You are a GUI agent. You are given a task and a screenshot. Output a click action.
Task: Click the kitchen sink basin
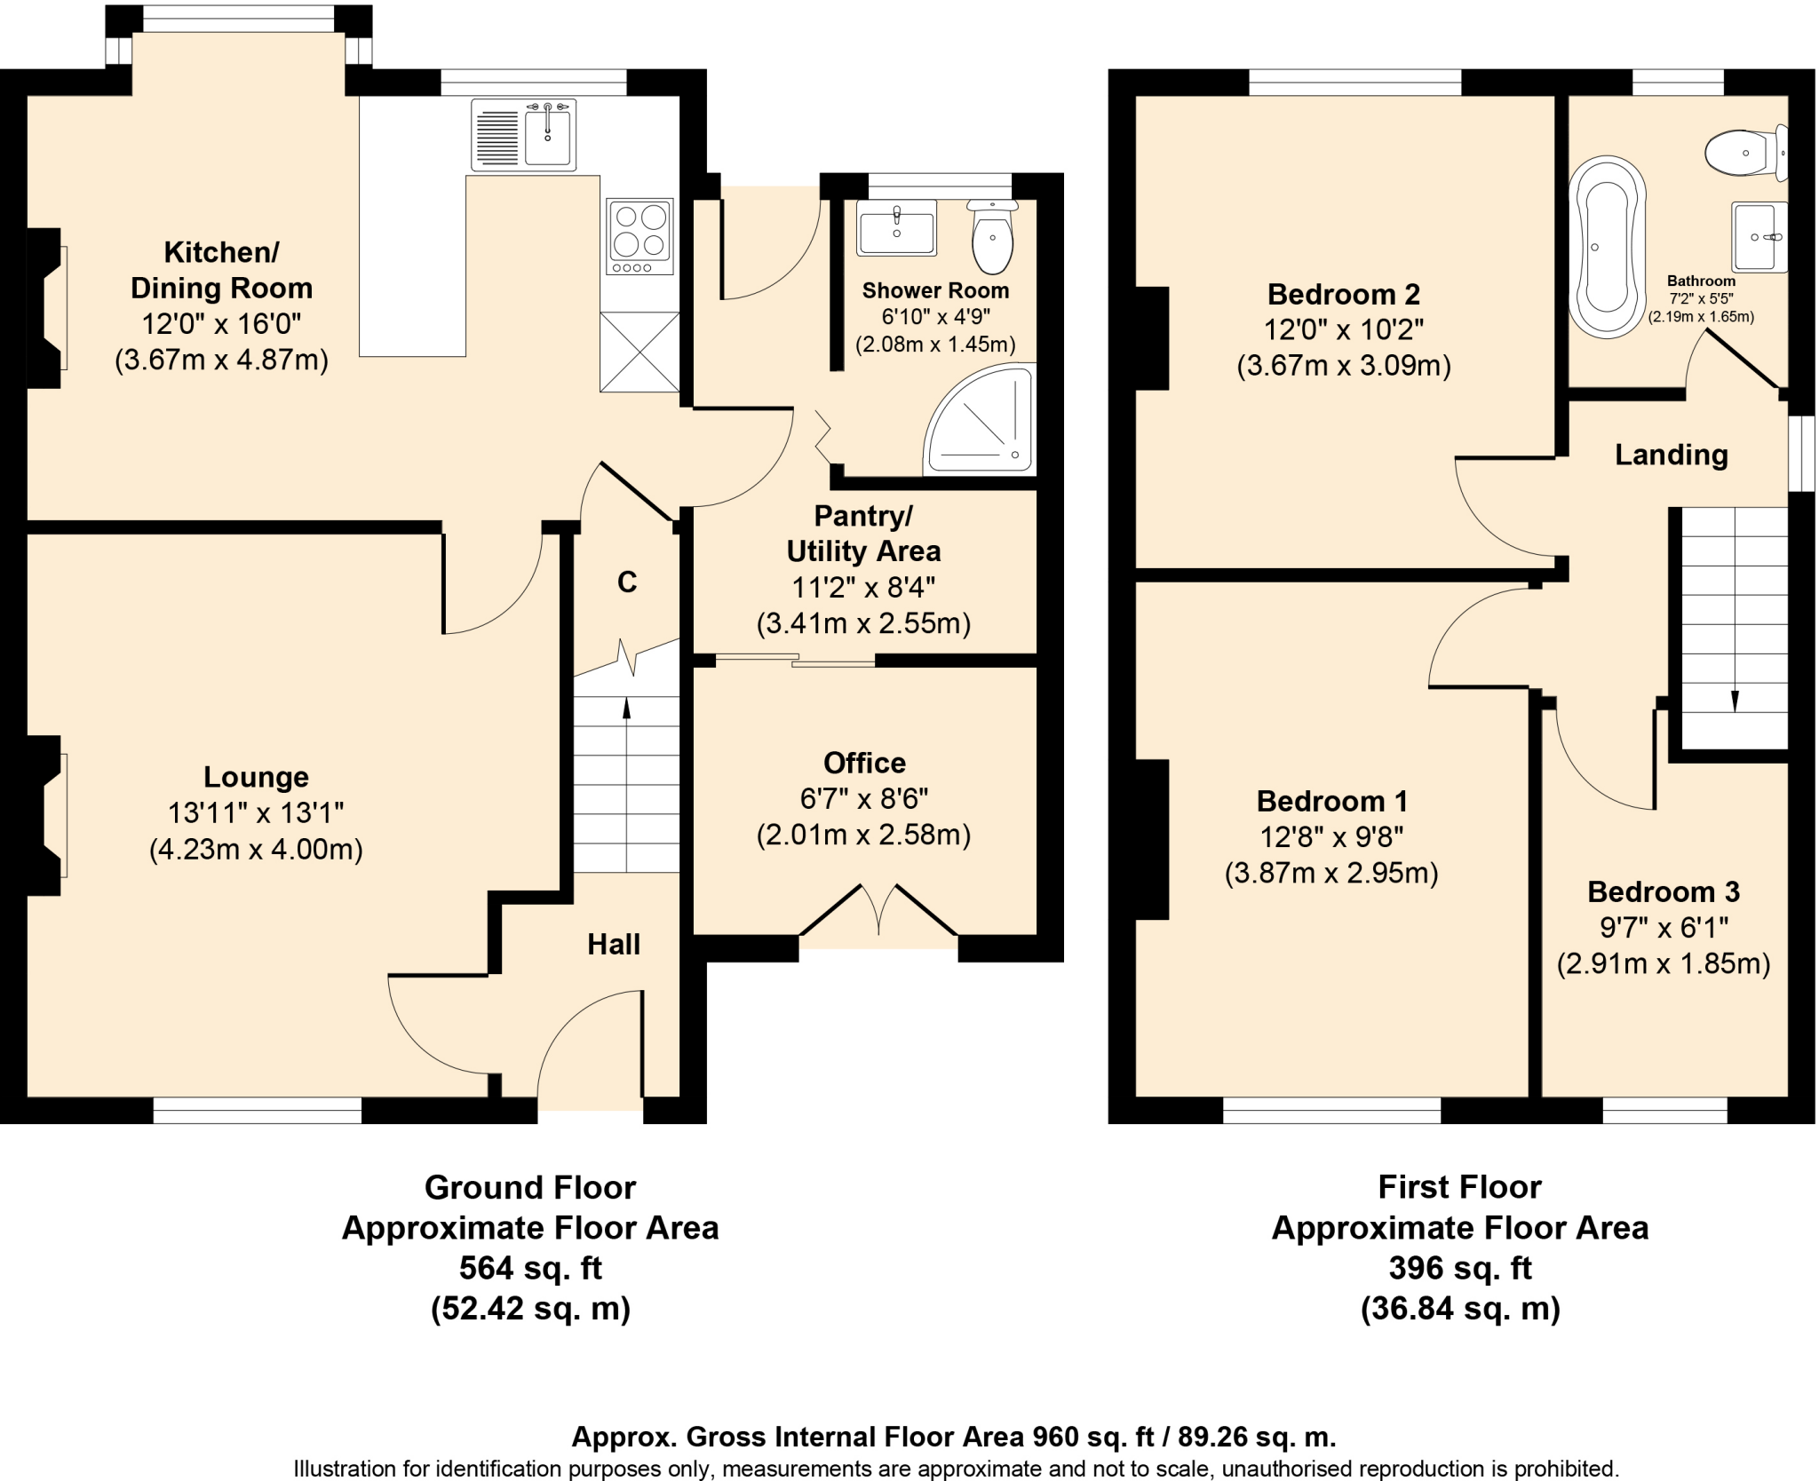(x=547, y=134)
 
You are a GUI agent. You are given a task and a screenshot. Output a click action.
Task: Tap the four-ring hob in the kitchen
(x=639, y=236)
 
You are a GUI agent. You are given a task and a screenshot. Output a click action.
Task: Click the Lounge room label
(x=256, y=777)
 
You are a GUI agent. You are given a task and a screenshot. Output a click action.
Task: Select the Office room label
(x=864, y=763)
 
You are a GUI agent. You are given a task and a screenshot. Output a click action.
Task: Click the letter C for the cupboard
(x=627, y=582)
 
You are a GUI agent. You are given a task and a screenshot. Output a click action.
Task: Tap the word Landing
(x=1671, y=455)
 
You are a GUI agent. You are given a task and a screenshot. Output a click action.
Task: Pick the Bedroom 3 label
(x=1664, y=891)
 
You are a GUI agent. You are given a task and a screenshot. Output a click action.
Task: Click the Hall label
(x=614, y=944)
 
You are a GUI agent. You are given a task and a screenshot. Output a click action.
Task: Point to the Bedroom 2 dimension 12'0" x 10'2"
(x=1344, y=330)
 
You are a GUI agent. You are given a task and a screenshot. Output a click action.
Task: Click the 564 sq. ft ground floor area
(x=530, y=1268)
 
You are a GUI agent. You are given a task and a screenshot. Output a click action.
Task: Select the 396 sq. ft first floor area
(x=1460, y=1268)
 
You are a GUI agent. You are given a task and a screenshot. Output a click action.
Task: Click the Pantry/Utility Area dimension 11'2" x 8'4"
(x=863, y=588)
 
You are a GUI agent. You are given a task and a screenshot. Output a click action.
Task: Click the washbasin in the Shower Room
(x=896, y=228)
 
